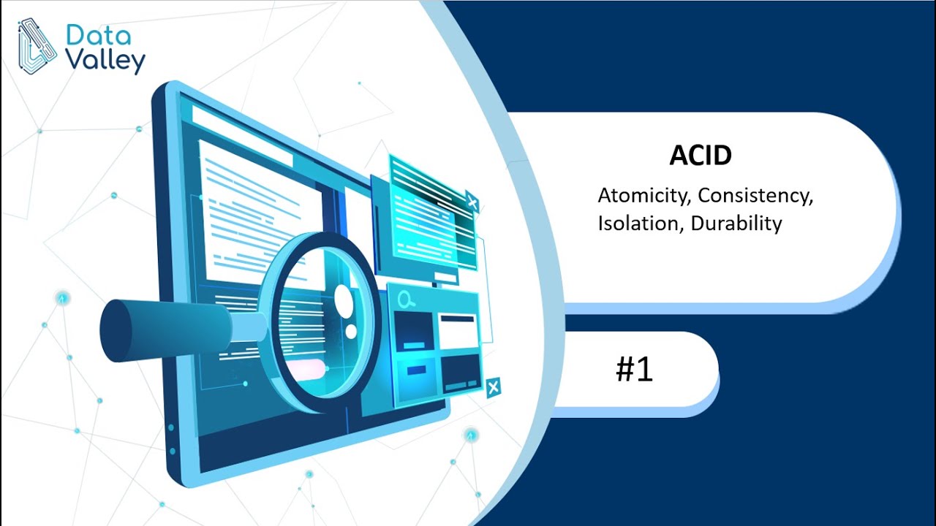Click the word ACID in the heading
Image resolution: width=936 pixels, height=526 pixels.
pos(701,155)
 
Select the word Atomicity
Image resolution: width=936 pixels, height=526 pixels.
pos(643,196)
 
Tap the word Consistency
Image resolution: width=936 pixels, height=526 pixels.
pos(755,196)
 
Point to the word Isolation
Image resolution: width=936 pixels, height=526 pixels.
pos(641,223)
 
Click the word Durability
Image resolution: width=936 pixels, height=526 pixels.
pos(736,223)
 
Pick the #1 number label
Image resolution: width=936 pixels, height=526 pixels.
pos(634,370)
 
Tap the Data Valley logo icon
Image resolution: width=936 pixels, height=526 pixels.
pos(37,46)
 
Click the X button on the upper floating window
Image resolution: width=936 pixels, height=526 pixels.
pos(472,203)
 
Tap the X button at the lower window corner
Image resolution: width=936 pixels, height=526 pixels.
pos(494,387)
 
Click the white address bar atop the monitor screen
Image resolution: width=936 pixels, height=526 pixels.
pos(241,131)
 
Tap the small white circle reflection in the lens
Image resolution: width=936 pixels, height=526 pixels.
pos(351,331)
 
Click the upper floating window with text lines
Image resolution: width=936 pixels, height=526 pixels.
pos(428,212)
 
